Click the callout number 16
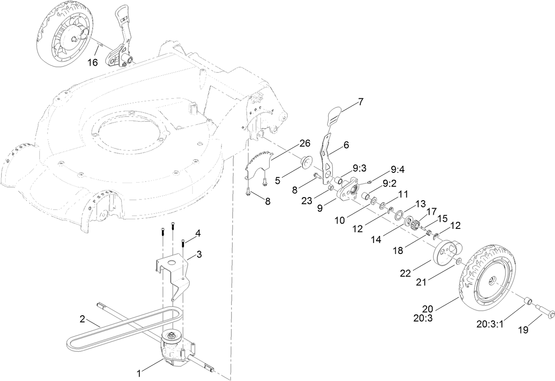[x=92, y=62]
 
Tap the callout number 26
[x=304, y=143]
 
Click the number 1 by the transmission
[x=139, y=374]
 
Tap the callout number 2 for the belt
[x=82, y=318]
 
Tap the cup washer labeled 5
[x=305, y=163]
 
